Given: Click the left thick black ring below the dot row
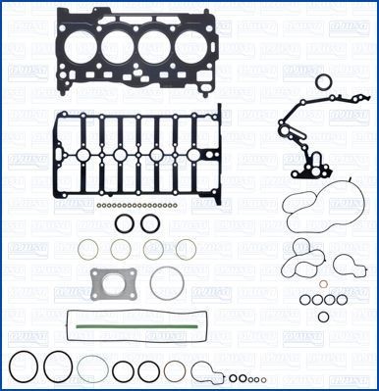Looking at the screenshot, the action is tap(124, 224).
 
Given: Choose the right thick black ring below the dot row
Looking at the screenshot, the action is tap(150, 224).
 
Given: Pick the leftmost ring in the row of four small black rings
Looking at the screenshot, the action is tap(305, 299).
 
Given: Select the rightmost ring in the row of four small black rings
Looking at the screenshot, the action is tap(338, 299).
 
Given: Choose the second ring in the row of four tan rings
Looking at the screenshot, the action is tap(125, 250).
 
